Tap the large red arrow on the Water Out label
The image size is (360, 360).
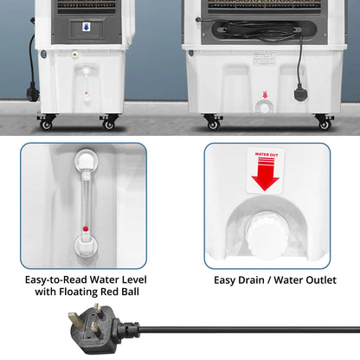(x=265, y=178)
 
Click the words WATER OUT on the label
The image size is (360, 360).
(x=265, y=157)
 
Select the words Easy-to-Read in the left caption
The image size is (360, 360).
(x=53, y=280)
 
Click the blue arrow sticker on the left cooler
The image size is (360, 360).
(x=86, y=27)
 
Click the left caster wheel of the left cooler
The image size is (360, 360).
(x=45, y=123)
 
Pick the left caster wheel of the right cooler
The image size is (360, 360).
(x=213, y=123)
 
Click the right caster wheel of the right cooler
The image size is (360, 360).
(x=324, y=123)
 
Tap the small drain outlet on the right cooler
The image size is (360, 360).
(x=264, y=106)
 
